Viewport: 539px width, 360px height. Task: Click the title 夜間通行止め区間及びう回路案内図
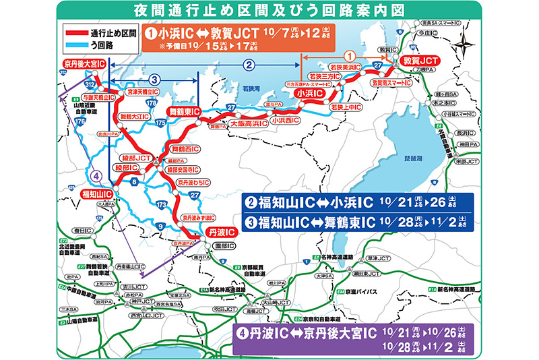[x=269, y=11]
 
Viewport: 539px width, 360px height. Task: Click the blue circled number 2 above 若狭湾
[x=249, y=65]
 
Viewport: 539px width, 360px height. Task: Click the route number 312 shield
[x=89, y=84]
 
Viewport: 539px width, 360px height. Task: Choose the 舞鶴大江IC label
[x=135, y=117]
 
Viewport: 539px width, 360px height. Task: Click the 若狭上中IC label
[x=347, y=107]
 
